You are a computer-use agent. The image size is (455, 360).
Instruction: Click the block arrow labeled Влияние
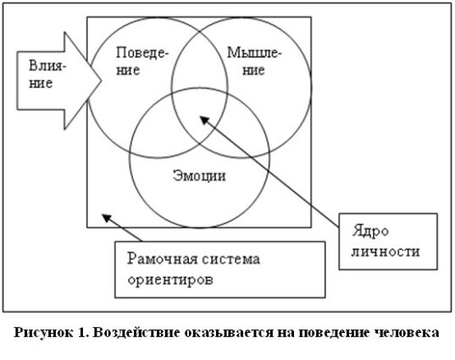click(x=58, y=80)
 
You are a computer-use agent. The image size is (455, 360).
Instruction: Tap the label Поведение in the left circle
click(x=141, y=62)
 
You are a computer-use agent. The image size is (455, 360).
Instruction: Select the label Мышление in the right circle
click(x=254, y=62)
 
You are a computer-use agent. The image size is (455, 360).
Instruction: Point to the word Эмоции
click(x=199, y=176)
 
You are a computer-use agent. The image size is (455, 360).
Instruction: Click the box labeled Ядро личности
click(x=388, y=241)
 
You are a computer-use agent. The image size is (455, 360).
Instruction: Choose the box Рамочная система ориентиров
click(x=220, y=269)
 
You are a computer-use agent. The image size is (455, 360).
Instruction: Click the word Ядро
click(x=370, y=231)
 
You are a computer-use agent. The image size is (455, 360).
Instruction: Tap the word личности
click(x=386, y=252)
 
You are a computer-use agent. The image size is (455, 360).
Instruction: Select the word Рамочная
click(x=161, y=258)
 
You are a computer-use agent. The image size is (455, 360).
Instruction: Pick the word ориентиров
click(x=170, y=280)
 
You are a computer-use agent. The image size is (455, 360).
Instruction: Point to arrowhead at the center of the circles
click(x=204, y=119)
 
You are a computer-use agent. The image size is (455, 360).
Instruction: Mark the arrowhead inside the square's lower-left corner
click(x=106, y=218)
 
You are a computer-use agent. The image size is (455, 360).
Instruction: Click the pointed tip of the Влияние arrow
click(x=102, y=80)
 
